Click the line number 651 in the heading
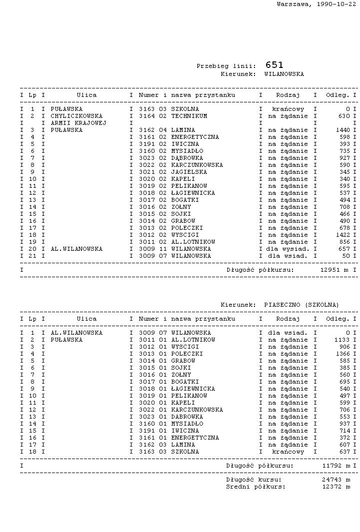pyautogui.click(x=274, y=65)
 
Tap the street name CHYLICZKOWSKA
pyautogui.click(x=76, y=116)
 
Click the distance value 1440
pyautogui.click(x=342, y=130)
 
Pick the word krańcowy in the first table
pyautogui.click(x=288, y=109)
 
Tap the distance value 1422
pyautogui.click(x=342, y=235)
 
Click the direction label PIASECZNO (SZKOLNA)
pyautogui.click(x=301, y=305)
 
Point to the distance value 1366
pyautogui.click(x=342, y=354)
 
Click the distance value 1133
pyautogui.click(x=342, y=340)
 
